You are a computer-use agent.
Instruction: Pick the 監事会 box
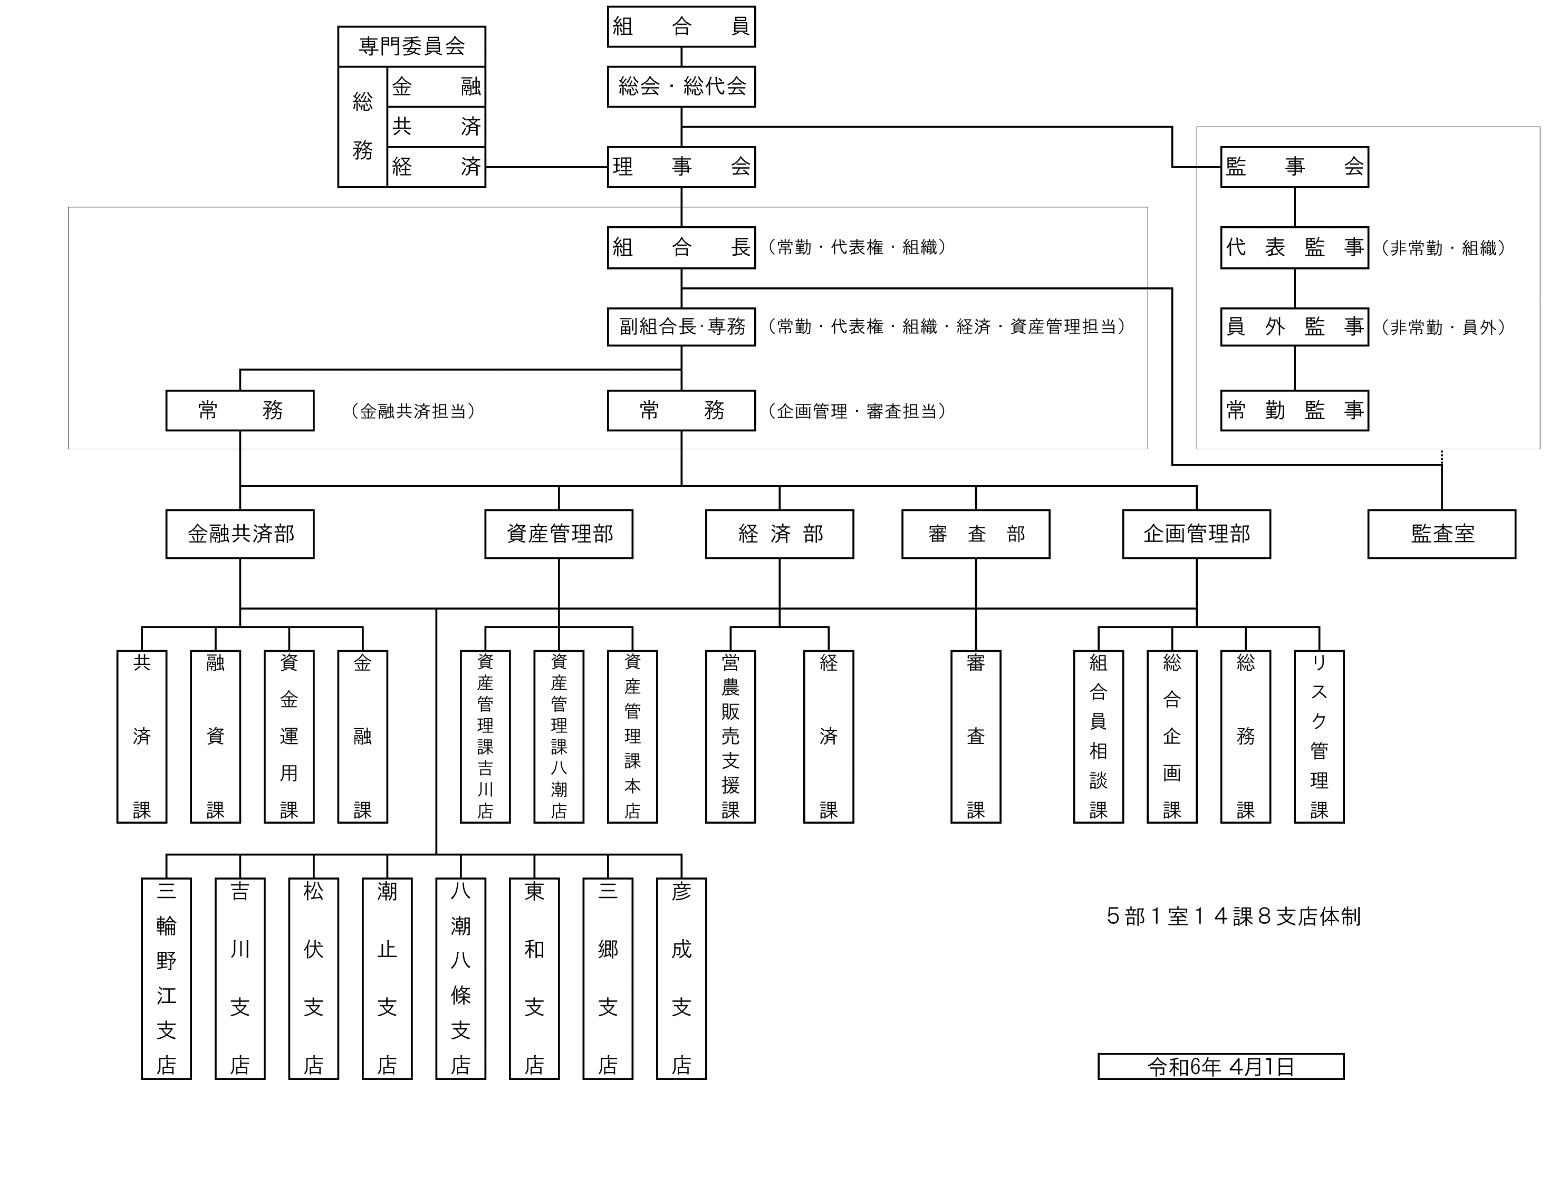coord(1294,167)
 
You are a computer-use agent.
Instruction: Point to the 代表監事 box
coord(1294,247)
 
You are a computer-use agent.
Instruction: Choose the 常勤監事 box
coord(1294,410)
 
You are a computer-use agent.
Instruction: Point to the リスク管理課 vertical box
coord(1319,737)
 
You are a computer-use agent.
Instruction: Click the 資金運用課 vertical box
coord(288,737)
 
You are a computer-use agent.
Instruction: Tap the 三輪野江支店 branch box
coord(166,978)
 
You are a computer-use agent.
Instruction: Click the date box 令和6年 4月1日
coord(1220,1066)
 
